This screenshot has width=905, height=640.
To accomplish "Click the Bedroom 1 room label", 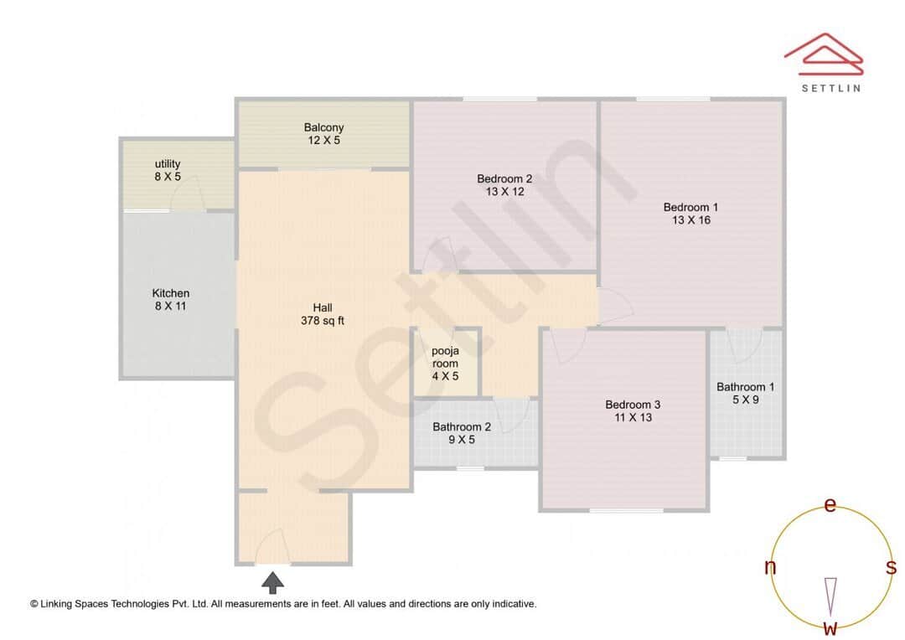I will tap(690, 214).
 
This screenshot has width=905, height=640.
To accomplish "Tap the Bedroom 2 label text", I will tap(504, 185).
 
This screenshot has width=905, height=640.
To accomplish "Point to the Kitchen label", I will tap(170, 300).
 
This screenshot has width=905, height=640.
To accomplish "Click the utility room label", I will tap(168, 170).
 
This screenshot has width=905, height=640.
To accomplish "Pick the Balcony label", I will tap(323, 134).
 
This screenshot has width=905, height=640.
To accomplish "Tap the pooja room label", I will tap(445, 364).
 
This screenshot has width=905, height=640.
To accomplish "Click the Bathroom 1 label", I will tap(745, 393).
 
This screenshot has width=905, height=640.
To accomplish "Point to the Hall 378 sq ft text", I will tap(323, 314).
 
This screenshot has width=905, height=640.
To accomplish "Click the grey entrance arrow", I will tap(272, 582).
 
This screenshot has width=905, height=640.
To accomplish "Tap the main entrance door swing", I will tap(272, 549).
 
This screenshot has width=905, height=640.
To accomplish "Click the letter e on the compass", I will tap(830, 505).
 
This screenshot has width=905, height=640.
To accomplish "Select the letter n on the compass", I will tap(770, 567).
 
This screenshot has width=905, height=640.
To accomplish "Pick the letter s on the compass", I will tap(891, 567).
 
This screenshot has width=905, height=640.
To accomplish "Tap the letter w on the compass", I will tap(830, 627).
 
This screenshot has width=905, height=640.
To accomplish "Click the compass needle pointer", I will tap(830, 595).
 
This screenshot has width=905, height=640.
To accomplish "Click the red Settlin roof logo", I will tap(823, 53).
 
